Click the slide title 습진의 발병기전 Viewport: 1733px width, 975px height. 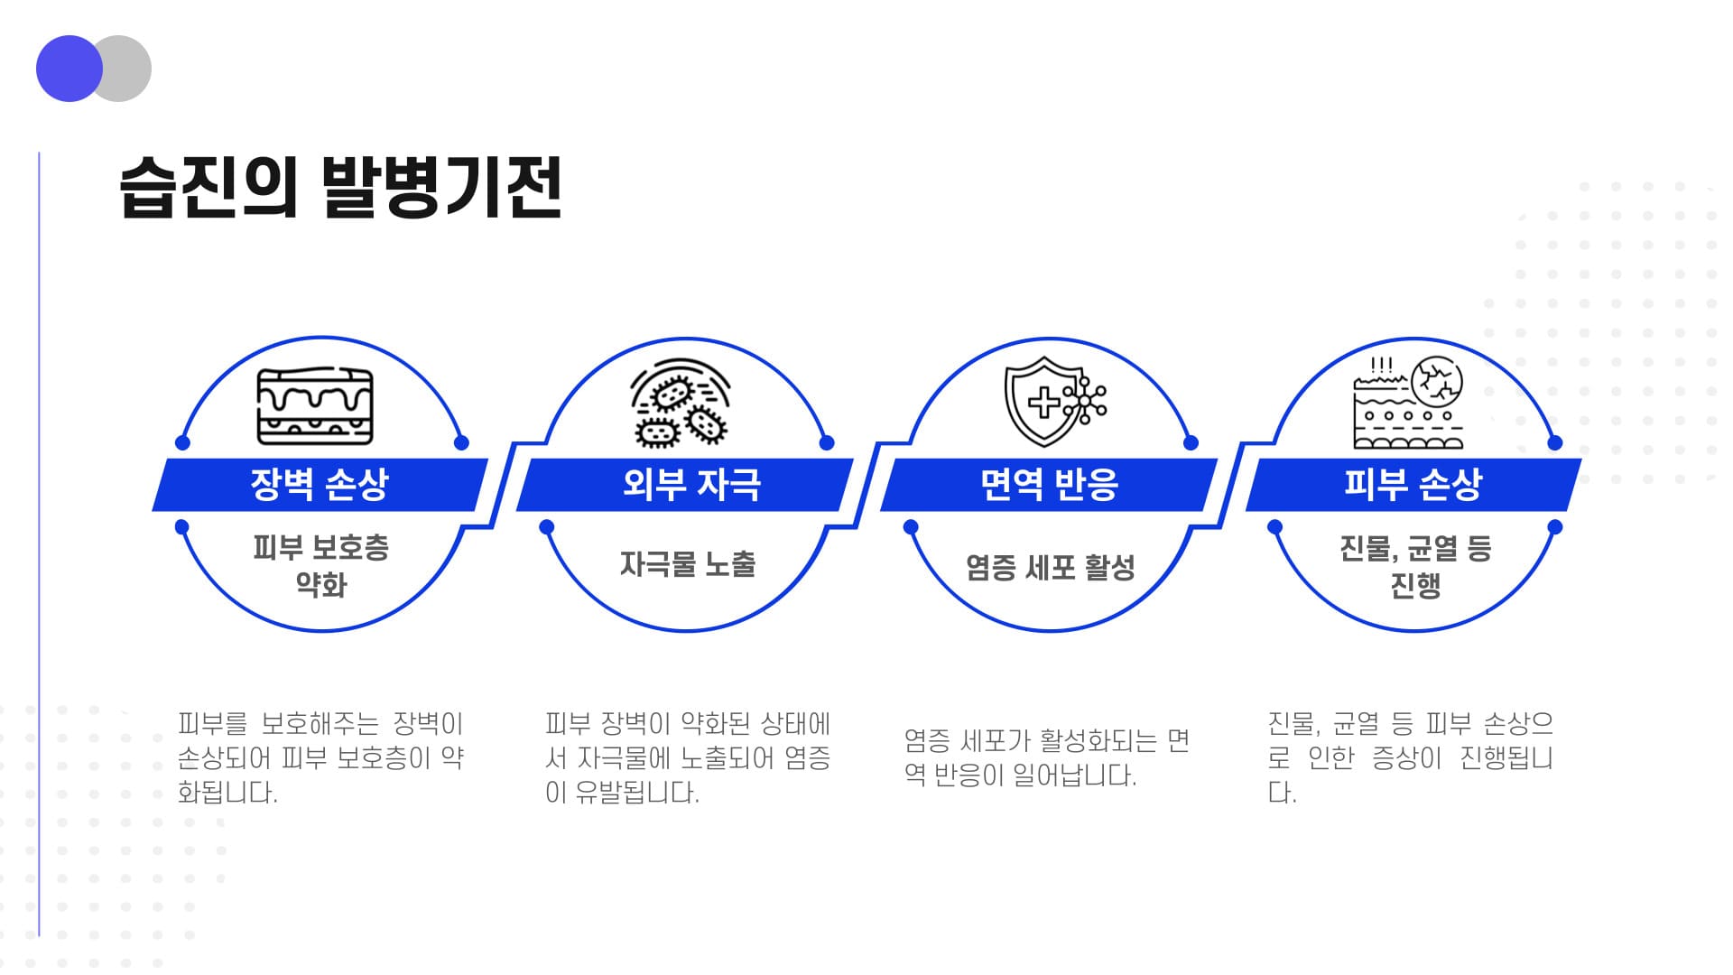(340, 188)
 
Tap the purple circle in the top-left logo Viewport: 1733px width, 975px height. (70, 69)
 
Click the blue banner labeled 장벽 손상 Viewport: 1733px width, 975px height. (320, 485)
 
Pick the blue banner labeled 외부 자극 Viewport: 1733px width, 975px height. (685, 485)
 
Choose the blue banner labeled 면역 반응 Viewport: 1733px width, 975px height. (1049, 485)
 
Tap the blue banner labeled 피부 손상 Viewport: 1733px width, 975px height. (1413, 485)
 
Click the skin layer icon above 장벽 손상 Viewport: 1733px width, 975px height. (315, 406)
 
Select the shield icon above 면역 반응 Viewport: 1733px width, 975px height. (1055, 402)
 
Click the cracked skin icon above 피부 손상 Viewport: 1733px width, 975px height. (1408, 403)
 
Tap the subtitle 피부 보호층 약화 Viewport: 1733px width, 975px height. (321, 566)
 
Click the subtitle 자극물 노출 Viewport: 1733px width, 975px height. (688, 564)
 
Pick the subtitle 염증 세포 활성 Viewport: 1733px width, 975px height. (1051, 567)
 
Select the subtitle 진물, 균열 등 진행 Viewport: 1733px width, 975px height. (1415, 566)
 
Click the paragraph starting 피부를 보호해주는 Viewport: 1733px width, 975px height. (320, 758)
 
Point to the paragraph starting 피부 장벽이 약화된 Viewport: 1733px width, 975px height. (688, 758)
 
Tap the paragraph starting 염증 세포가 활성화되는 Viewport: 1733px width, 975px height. (1047, 758)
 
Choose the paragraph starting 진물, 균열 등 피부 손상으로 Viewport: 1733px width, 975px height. (1411, 758)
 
